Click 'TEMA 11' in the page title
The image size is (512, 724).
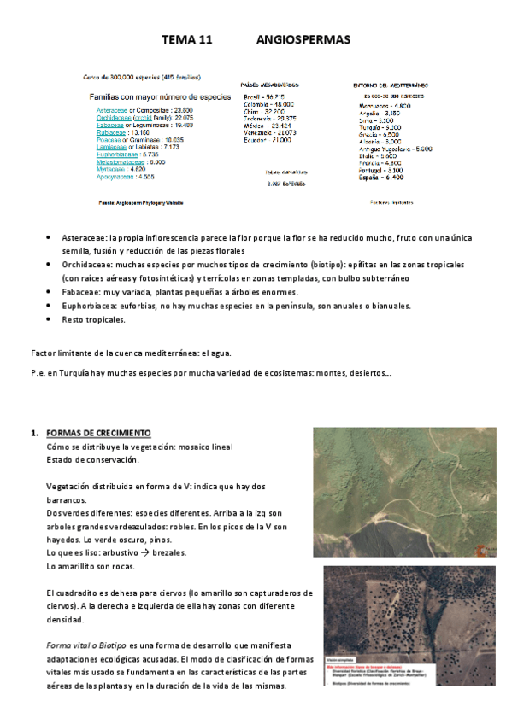[x=187, y=40]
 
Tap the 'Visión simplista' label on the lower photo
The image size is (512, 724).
[x=339, y=658]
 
